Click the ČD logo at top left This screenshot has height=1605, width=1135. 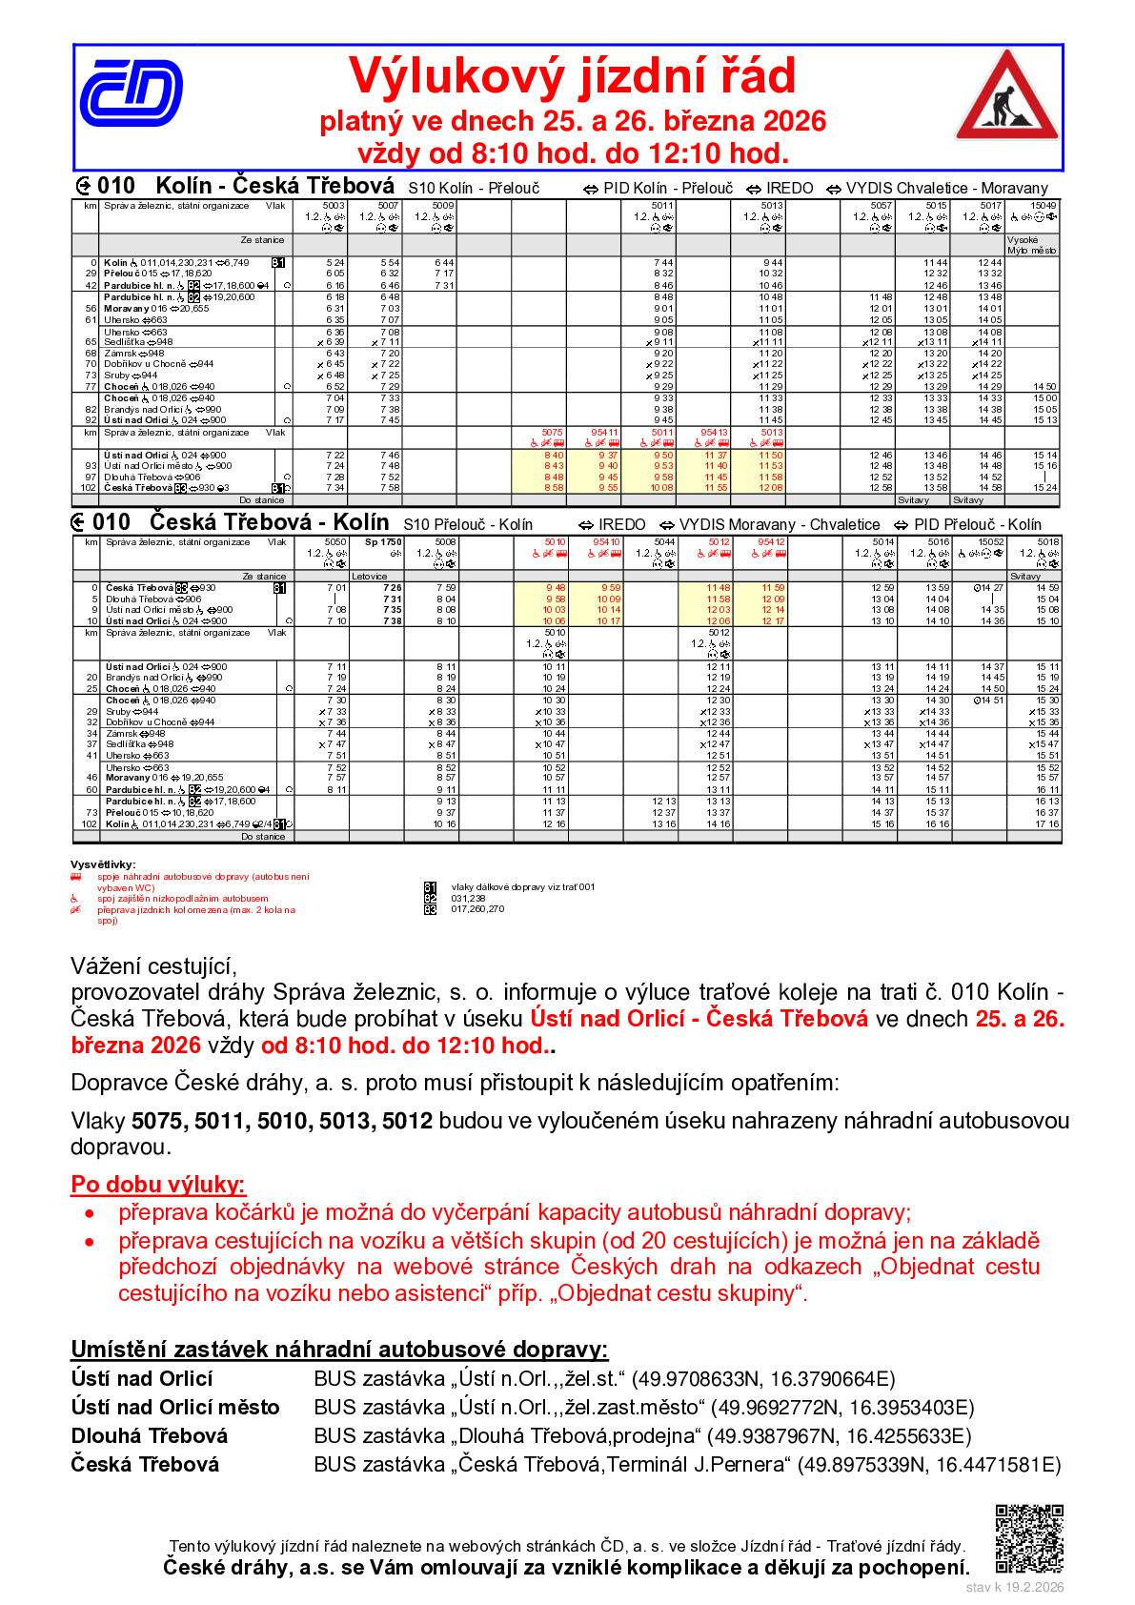point(131,94)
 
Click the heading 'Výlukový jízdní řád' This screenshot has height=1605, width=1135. point(571,76)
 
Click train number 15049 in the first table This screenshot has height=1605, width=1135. point(1044,206)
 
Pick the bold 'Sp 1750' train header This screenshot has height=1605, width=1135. point(377,542)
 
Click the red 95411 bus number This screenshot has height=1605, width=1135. point(604,433)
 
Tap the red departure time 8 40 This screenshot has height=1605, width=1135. point(553,456)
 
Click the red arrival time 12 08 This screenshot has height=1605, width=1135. point(770,488)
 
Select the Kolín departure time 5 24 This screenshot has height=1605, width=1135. point(334,262)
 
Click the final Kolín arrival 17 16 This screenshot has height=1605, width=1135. point(1047,824)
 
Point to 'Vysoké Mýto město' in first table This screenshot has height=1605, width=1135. point(1032,245)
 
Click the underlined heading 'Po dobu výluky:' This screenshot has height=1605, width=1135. point(158,1185)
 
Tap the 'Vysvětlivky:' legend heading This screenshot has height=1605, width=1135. point(110,864)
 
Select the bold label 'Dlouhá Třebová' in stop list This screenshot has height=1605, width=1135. point(149,1436)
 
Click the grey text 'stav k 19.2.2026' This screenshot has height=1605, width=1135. point(1014,1588)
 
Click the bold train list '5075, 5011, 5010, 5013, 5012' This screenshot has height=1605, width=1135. point(282,1121)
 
